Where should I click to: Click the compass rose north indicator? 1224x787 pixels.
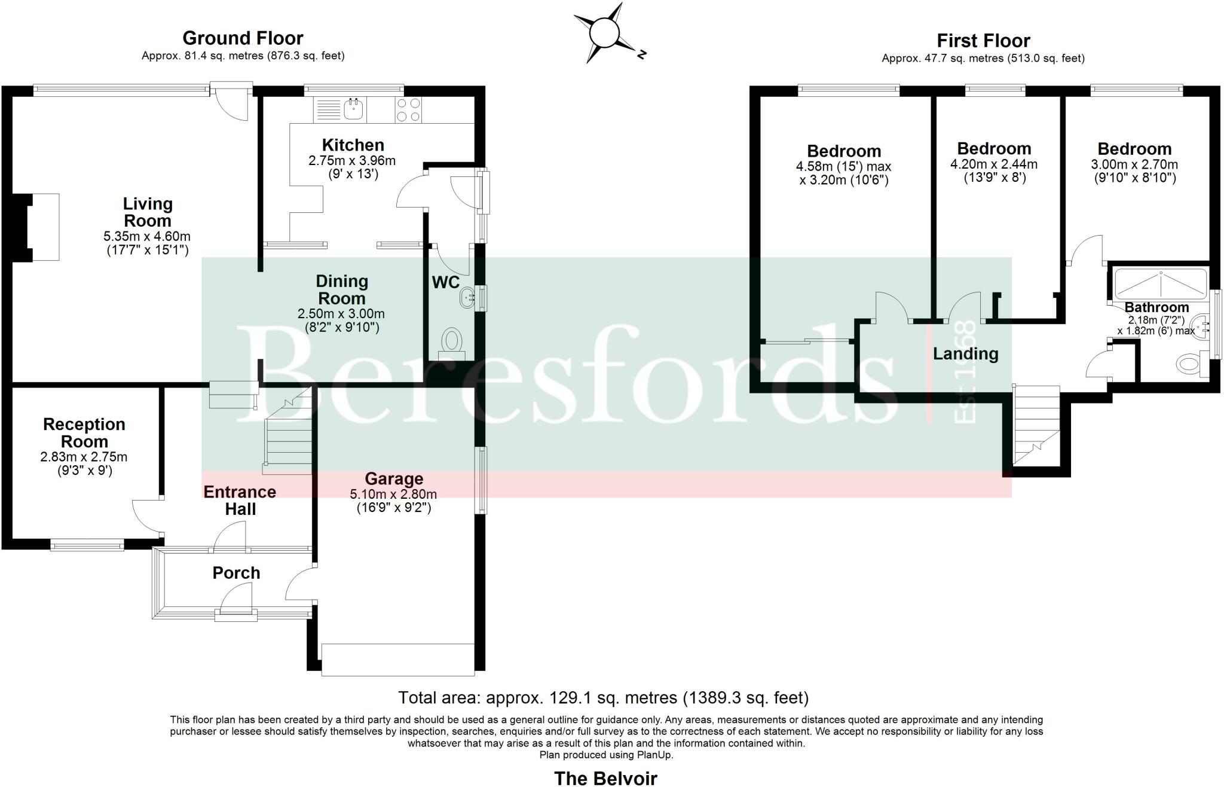pyautogui.click(x=641, y=54)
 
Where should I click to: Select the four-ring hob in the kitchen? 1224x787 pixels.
pyautogui.click(x=408, y=110)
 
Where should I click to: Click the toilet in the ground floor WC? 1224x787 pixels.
pyautogui.click(x=452, y=343)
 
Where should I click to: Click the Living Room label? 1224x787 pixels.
pyautogui.click(x=147, y=212)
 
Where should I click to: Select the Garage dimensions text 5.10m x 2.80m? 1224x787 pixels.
pyautogui.click(x=393, y=494)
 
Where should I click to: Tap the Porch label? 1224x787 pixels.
pyautogui.click(x=236, y=572)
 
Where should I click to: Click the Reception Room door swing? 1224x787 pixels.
pyautogui.click(x=145, y=515)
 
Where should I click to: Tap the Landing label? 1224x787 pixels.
pyautogui.click(x=965, y=353)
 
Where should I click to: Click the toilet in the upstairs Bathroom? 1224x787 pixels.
pyautogui.click(x=1189, y=363)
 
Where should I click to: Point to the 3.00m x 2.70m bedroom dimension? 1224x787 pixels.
pyautogui.click(x=1134, y=164)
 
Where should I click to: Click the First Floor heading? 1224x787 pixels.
pyautogui.click(x=983, y=41)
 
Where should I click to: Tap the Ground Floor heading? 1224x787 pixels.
pyautogui.click(x=243, y=38)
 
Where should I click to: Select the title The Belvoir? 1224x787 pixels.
pyautogui.click(x=605, y=777)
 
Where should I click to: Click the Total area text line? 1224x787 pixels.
pyautogui.click(x=603, y=697)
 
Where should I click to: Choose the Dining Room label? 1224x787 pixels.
pyautogui.click(x=341, y=289)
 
